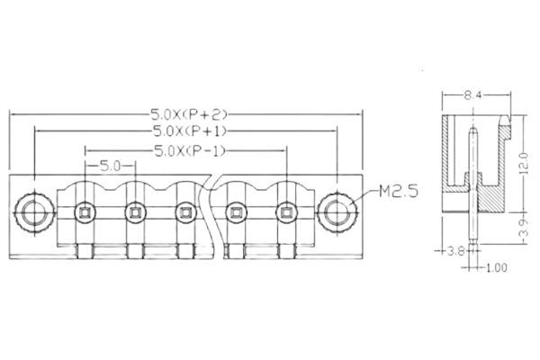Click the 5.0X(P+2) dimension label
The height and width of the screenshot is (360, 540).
point(189,114)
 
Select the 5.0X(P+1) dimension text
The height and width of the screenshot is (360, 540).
point(188,131)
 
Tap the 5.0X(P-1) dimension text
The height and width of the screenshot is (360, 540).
point(188,150)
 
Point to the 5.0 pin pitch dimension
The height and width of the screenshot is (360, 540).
point(110,166)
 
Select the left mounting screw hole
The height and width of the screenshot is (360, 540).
point(34,212)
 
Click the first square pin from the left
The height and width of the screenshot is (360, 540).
point(85,212)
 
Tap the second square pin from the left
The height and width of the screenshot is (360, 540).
point(135,212)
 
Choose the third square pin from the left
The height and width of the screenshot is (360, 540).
point(185,212)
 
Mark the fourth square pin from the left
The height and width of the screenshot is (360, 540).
point(237,212)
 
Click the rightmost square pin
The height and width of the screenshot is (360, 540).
point(287,212)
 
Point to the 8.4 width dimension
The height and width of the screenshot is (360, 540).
point(474,94)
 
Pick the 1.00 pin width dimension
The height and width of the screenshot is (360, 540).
point(496,267)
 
